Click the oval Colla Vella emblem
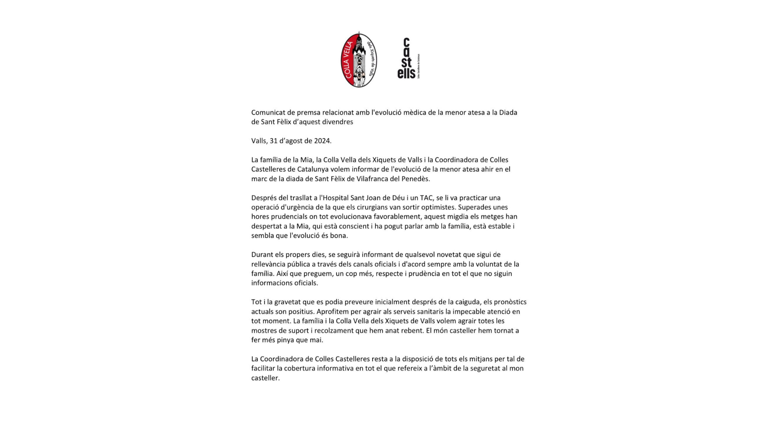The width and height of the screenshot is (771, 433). coord(359,60)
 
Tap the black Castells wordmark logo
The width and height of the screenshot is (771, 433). coord(407,59)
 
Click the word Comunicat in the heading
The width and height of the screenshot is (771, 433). coord(265,113)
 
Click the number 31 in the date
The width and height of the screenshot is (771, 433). coord(273,141)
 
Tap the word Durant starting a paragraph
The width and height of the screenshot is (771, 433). coord(262,255)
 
